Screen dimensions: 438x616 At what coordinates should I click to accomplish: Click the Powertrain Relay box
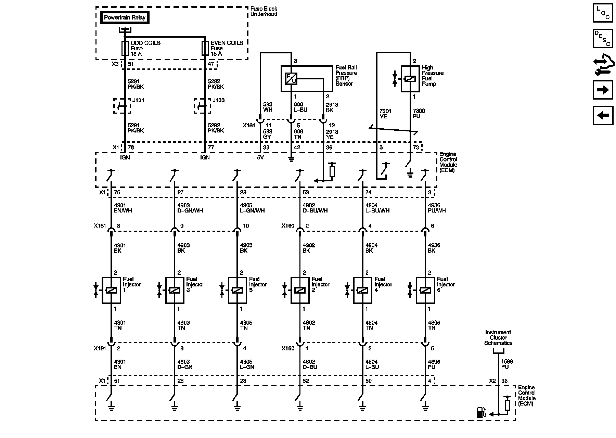pyautogui.click(x=125, y=18)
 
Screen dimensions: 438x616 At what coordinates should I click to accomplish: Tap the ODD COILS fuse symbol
pyautogui.click(x=125, y=48)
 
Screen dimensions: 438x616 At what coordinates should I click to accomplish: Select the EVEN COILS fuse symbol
pyautogui.click(x=205, y=48)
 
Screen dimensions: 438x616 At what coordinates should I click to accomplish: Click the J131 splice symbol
pyautogui.click(x=122, y=106)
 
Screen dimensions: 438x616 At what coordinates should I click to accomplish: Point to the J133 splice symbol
pyautogui.click(x=202, y=106)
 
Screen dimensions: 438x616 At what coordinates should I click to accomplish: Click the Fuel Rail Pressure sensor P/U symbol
pyautogui.click(x=291, y=79)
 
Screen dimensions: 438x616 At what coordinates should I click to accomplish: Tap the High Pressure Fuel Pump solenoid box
pyautogui.click(x=410, y=79)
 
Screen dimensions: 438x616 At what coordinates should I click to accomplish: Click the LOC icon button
pyautogui.click(x=603, y=13)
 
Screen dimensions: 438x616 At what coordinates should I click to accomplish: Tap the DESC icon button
pyautogui.click(x=603, y=38)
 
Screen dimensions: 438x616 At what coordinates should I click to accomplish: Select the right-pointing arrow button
pyautogui.click(x=603, y=90)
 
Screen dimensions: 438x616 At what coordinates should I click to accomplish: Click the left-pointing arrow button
pyautogui.click(x=603, y=115)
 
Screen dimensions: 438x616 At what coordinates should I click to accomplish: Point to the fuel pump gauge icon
pyautogui.click(x=480, y=413)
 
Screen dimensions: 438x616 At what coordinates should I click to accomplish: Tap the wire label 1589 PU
pyautogui.click(x=507, y=364)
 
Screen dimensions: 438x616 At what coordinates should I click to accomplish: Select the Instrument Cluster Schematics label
pyautogui.click(x=498, y=338)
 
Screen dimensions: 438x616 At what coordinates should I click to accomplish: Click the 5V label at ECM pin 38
pyautogui.click(x=261, y=158)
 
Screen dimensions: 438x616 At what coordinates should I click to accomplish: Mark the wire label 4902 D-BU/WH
pyautogui.click(x=315, y=208)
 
